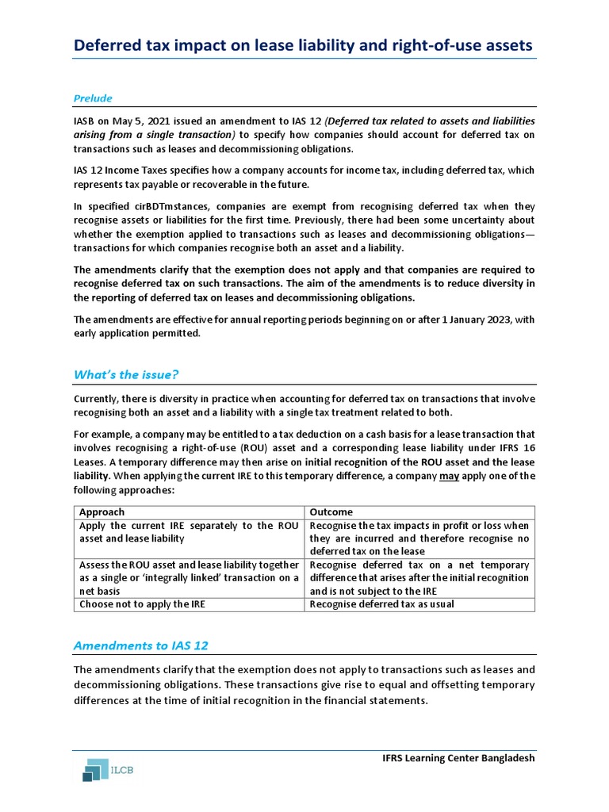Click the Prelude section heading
[x=93, y=98]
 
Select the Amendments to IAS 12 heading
[x=140, y=645]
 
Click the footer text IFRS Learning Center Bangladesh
[x=458, y=758]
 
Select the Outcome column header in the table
[x=331, y=512]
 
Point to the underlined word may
[x=450, y=476]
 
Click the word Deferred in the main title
[x=107, y=46]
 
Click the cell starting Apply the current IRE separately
[x=187, y=532]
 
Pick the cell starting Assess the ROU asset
[x=187, y=577]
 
